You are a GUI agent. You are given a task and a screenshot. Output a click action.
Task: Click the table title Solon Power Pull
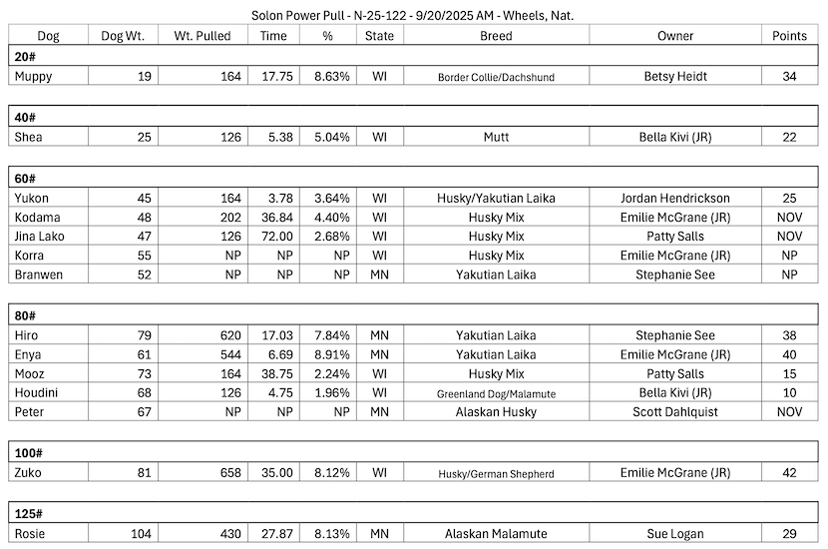413,15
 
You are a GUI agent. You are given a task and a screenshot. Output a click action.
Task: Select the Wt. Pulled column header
202,36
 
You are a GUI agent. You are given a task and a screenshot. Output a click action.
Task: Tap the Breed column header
496,36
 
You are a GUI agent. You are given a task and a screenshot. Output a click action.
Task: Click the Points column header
790,36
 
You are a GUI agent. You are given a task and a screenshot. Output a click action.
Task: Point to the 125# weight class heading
29,513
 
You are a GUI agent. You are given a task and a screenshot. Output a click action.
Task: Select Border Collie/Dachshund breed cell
496,77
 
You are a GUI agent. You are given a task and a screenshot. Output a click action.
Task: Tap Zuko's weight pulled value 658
229,473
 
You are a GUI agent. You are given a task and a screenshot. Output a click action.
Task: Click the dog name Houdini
37,392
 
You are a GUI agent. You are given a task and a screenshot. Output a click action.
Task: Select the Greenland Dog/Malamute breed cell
496,393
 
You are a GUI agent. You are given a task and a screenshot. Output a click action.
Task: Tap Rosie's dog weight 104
142,533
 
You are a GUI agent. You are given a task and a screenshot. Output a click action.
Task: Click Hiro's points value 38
790,335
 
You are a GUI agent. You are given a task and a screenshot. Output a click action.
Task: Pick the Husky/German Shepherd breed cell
496,474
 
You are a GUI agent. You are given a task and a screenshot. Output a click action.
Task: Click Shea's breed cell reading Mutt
496,137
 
